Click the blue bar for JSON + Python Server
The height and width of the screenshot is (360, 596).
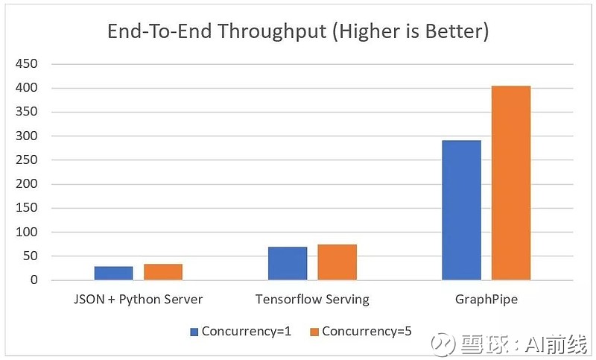[x=114, y=273]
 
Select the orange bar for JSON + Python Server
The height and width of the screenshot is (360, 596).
[x=163, y=272]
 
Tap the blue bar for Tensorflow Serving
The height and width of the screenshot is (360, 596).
[x=288, y=263]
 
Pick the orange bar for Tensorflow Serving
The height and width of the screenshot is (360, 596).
[x=337, y=262]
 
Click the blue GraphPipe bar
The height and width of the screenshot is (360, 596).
[x=461, y=210]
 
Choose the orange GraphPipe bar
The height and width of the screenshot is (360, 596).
[x=511, y=183]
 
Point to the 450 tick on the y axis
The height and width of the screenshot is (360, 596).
[x=27, y=63]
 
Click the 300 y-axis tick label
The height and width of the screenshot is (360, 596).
[x=27, y=136]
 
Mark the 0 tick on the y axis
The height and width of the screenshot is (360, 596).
[x=34, y=280]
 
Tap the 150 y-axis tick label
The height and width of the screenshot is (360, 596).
[x=27, y=207]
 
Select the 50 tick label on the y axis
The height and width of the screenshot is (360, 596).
[x=31, y=256]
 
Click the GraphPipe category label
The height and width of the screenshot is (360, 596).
[x=486, y=300]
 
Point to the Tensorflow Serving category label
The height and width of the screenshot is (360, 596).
[x=312, y=300]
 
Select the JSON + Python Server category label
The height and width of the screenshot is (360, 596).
[x=139, y=300]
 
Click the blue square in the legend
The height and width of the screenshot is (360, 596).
[x=194, y=332]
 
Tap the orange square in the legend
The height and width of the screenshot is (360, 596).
[x=314, y=332]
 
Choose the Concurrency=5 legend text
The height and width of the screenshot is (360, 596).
[x=367, y=332]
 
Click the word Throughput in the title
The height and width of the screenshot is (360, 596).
[x=272, y=31]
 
